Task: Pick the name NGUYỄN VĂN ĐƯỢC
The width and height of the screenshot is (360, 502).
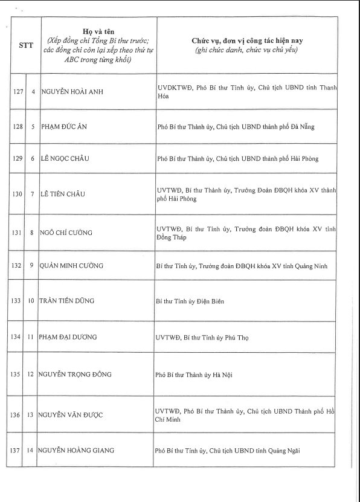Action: coord(72,414)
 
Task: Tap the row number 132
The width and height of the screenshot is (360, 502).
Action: coord(19,265)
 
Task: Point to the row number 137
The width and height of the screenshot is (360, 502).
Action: coord(19,450)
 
